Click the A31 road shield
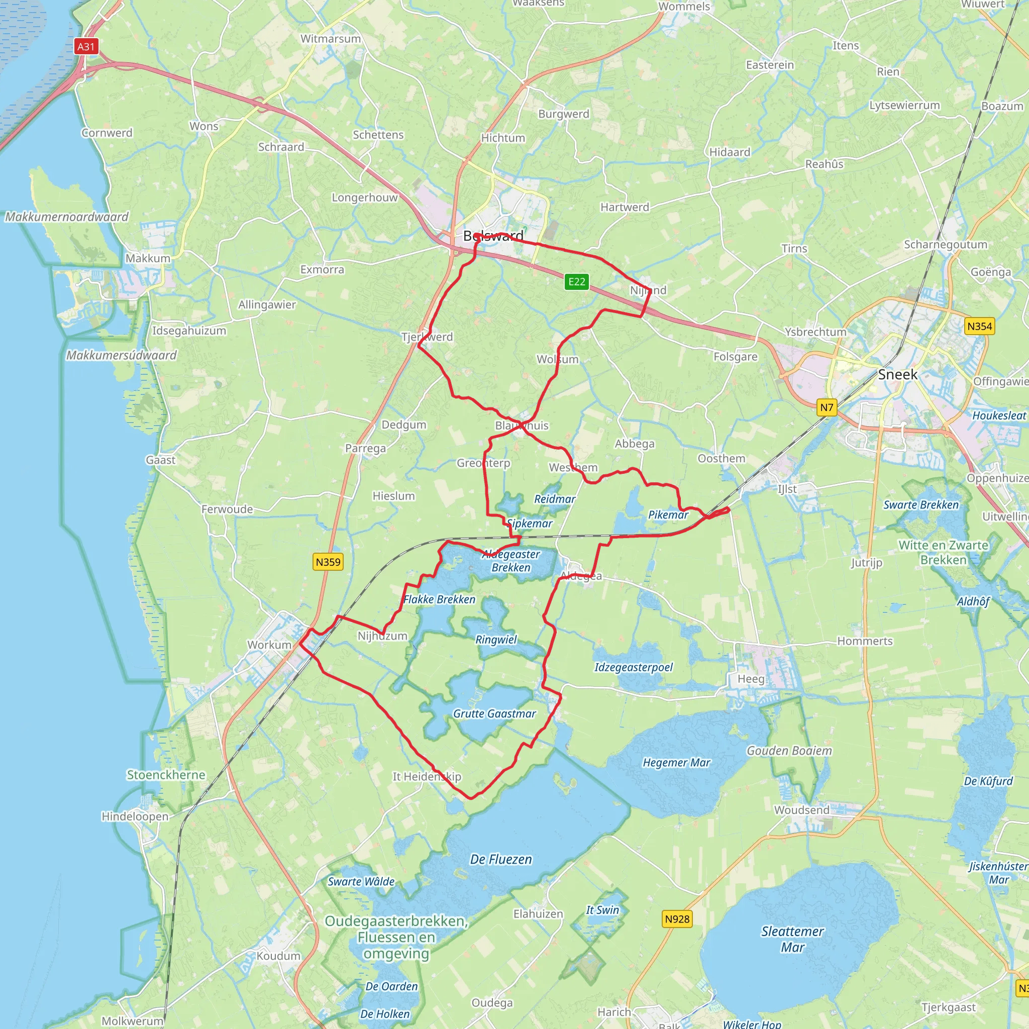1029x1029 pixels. (x=86, y=46)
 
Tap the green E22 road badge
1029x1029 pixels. (x=576, y=281)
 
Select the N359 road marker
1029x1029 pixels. (x=328, y=561)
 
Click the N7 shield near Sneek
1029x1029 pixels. (x=826, y=407)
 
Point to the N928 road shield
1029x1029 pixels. (x=677, y=919)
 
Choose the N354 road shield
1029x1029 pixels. (x=979, y=326)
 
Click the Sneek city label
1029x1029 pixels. (x=897, y=374)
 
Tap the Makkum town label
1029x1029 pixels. (x=148, y=258)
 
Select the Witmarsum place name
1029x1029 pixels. (x=330, y=39)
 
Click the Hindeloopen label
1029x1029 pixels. (x=135, y=816)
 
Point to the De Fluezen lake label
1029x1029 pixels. (x=500, y=859)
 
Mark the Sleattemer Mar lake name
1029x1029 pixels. (x=792, y=939)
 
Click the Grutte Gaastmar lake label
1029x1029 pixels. (x=494, y=713)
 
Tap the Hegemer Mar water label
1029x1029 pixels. (x=676, y=763)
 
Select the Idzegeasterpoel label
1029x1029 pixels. (x=633, y=667)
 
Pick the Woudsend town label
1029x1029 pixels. (x=801, y=810)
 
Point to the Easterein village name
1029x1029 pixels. (x=770, y=65)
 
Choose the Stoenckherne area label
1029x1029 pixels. (x=166, y=775)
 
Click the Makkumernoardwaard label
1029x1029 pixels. (x=67, y=217)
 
